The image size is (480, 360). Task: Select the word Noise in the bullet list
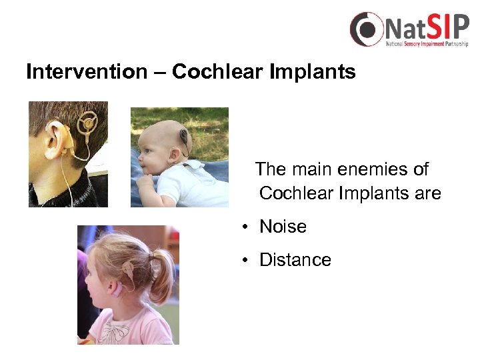coord(283,227)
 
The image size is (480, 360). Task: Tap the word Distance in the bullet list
coord(295,260)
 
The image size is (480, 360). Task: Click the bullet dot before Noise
coord(246,227)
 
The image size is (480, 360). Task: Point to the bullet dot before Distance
coord(246,261)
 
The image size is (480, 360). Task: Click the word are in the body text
coord(427,193)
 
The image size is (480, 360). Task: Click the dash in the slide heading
coord(158,72)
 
